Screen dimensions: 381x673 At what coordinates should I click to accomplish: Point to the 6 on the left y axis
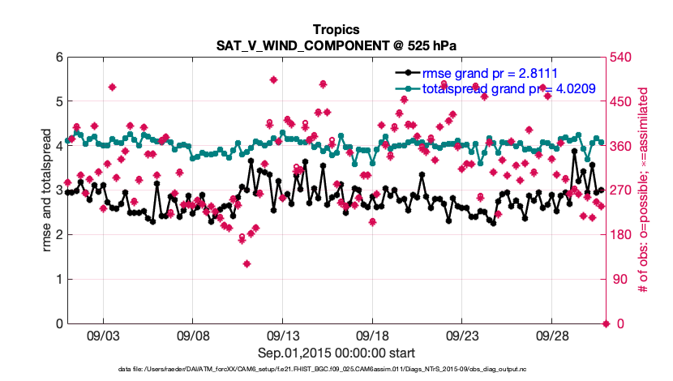tap(58, 58)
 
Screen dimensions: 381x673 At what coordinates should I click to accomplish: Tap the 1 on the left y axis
tap(58, 280)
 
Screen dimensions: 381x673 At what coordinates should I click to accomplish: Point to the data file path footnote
tap(336, 370)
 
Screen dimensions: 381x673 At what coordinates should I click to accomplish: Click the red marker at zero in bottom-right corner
tap(605, 323)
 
